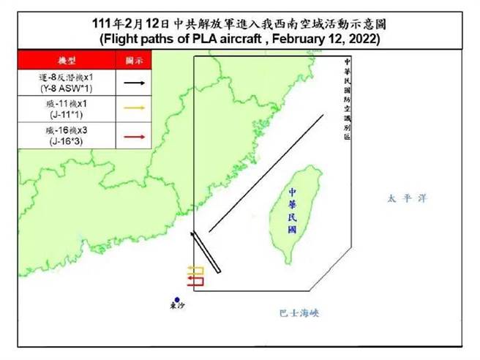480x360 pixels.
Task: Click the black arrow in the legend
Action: [x=133, y=83]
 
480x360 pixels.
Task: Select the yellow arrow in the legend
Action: [x=133, y=109]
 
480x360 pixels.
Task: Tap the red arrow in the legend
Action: [x=133, y=135]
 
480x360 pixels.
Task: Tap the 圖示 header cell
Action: [x=133, y=60]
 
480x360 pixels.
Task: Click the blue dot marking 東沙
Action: [x=177, y=299]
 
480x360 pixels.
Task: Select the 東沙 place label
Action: [x=177, y=308]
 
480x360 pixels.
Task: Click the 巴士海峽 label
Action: [x=300, y=312]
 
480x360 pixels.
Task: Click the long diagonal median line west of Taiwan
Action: [x=266, y=173]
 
